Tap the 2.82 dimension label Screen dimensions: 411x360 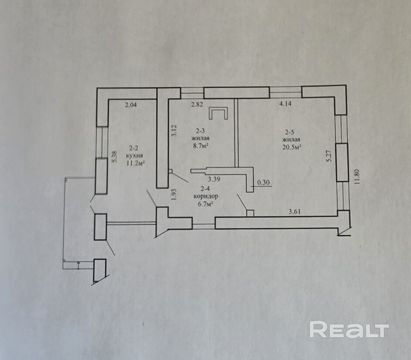[x=196, y=104]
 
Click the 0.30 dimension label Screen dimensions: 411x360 [x=264, y=183]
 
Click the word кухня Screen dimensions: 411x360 [x=134, y=156]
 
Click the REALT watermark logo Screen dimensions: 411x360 [x=349, y=329]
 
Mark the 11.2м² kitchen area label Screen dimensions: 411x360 [x=135, y=163]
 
